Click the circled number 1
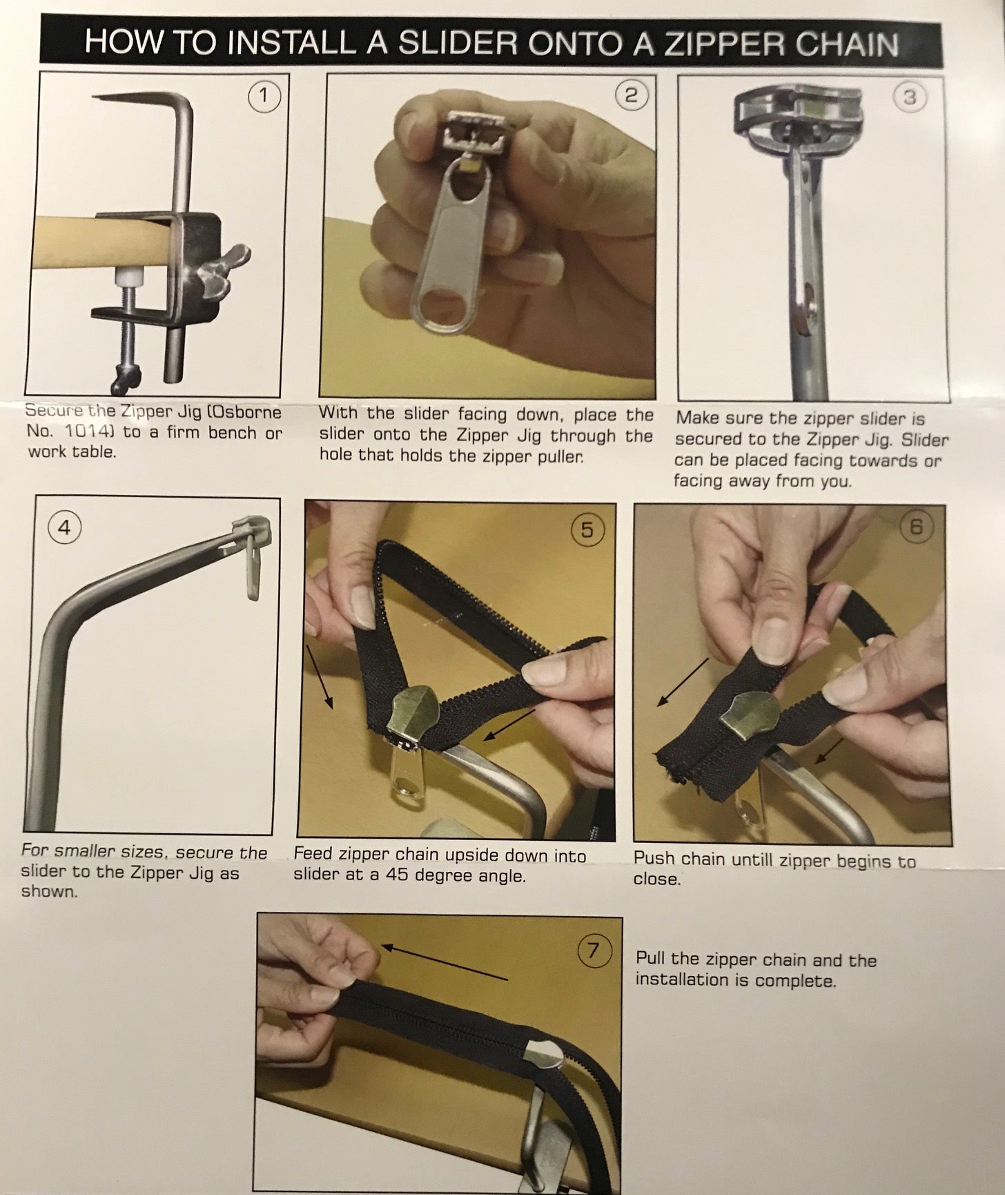[263, 97]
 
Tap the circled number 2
[630, 95]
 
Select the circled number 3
[909, 97]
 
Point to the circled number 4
[64, 527]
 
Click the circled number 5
[587, 530]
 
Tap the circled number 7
[592, 951]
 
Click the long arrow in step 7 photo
[445, 962]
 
